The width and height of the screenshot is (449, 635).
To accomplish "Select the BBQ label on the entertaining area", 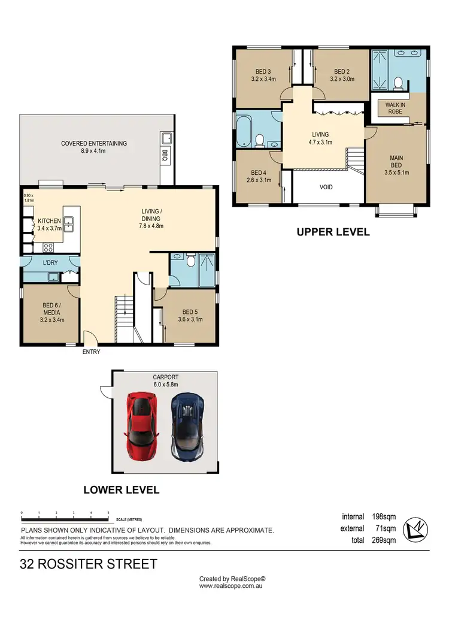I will coord(165,156).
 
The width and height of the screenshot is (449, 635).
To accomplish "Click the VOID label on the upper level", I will coord(326,187).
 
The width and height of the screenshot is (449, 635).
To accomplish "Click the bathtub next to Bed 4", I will coord(245,131).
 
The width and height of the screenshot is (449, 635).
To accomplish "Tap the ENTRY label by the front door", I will coord(91,352).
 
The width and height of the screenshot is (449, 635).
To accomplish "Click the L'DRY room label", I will coord(50,263).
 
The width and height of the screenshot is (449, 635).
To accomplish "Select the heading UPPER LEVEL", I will coord(333,232).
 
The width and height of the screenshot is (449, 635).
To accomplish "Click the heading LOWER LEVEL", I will coord(121,490).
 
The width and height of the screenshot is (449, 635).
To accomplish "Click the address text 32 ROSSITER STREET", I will coord(89,564).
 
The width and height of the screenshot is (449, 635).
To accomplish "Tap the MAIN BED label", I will coord(396,162).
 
